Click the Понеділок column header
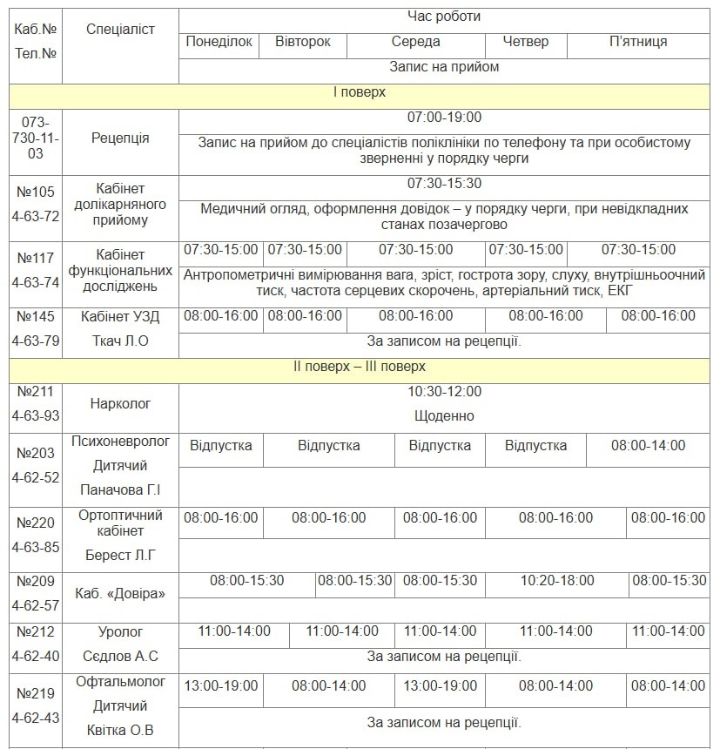click(219, 42)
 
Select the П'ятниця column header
click(638, 42)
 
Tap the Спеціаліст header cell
click(120, 30)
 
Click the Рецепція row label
click(120, 138)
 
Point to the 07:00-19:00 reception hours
click(444, 118)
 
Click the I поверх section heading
click(360, 92)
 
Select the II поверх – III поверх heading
click(360, 368)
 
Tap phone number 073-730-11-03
click(36, 138)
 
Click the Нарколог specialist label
click(120, 404)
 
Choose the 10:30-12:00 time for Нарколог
click(444, 392)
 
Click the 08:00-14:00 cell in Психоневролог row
click(648, 446)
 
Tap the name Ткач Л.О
click(120, 341)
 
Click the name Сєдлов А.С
click(120, 657)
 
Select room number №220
click(36, 523)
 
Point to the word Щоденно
click(444, 416)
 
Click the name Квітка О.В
click(120, 731)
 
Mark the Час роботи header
click(444, 17)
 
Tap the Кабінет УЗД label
click(120, 316)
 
